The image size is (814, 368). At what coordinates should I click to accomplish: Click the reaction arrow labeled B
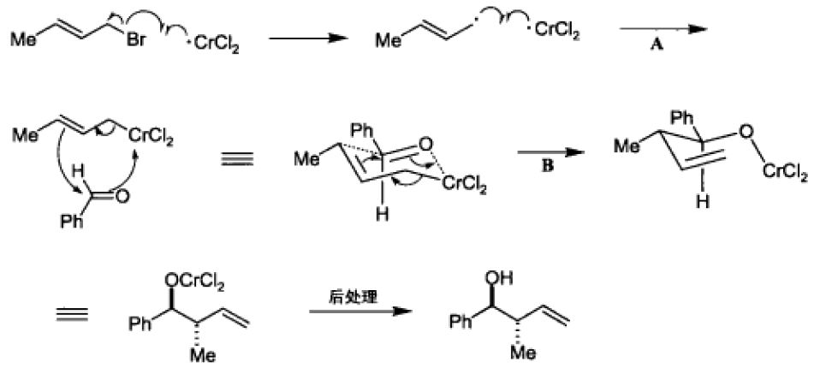point(548,149)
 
